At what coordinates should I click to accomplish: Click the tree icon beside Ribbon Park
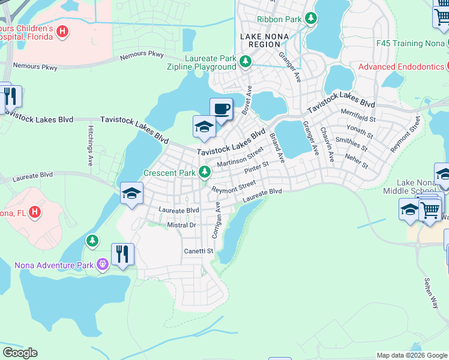pyautogui.click(x=311, y=19)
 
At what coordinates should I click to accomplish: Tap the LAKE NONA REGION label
pyautogui.click(x=264, y=41)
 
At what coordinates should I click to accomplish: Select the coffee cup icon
pyautogui.click(x=221, y=109)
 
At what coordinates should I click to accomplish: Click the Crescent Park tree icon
pyautogui.click(x=205, y=173)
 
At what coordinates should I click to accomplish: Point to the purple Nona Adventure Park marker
pyautogui.click(x=103, y=263)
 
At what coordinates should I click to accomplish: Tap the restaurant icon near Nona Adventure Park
pyautogui.click(x=122, y=254)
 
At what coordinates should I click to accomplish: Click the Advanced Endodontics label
pyautogui.click(x=401, y=67)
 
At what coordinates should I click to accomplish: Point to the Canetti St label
pyautogui.click(x=199, y=251)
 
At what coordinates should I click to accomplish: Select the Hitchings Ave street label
pyautogui.click(x=90, y=146)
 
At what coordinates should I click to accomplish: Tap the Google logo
pyautogui.click(x=20, y=353)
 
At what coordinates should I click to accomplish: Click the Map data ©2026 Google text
pyautogui.click(x=411, y=355)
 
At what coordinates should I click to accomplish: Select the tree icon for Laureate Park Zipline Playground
pyautogui.click(x=245, y=61)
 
